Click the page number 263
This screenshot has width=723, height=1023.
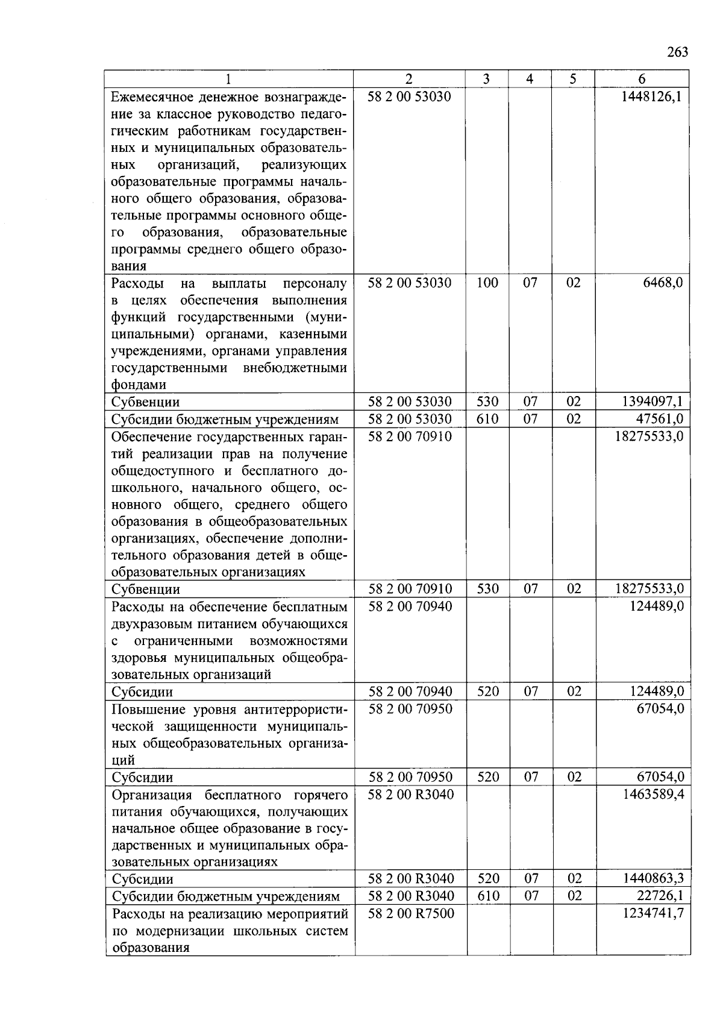(x=677, y=52)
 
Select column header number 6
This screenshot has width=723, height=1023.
(x=642, y=79)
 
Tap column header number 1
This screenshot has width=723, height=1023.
(x=228, y=79)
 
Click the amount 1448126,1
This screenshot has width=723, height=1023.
(x=653, y=96)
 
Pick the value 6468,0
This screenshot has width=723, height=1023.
(x=663, y=283)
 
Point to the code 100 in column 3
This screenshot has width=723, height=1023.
(x=487, y=283)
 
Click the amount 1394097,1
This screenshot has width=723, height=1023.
(x=653, y=401)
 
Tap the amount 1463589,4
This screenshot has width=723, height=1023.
(x=653, y=795)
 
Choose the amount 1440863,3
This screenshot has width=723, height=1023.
(x=653, y=879)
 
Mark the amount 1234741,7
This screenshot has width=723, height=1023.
(x=653, y=913)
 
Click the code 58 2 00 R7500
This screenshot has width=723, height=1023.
(x=410, y=913)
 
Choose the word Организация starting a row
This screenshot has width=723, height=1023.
(x=152, y=795)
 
